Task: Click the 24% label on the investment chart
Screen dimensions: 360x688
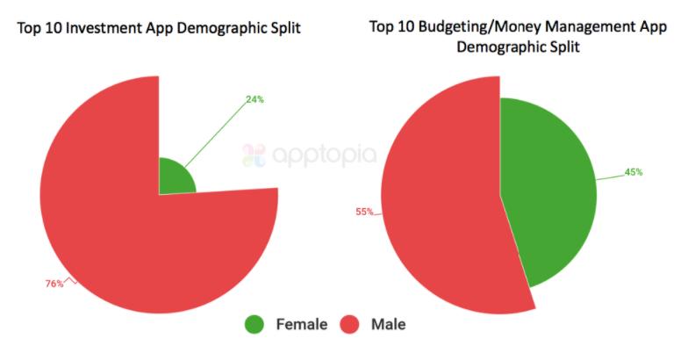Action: coord(254,99)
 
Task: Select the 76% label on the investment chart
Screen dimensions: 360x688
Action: coord(54,284)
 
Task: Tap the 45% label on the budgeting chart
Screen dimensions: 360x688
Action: coord(633,172)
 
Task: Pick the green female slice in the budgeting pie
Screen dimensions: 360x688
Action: coord(548,193)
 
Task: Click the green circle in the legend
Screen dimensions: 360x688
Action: coord(255,325)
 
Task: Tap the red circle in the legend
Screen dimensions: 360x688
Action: coord(351,325)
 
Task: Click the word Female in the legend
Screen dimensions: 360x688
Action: coord(301,325)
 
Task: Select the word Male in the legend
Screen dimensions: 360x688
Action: coord(388,325)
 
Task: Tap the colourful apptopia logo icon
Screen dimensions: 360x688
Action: coord(254,155)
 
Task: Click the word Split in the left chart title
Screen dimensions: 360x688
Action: coord(283,29)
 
